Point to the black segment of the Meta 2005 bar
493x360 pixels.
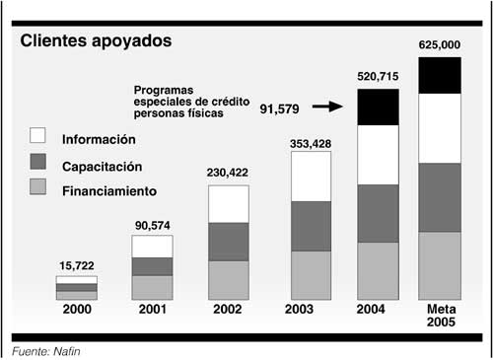(x=440, y=75)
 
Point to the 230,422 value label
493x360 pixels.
(x=228, y=173)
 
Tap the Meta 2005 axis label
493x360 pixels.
(x=440, y=317)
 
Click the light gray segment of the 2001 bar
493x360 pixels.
(x=152, y=287)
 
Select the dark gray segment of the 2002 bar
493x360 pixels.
(x=228, y=242)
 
